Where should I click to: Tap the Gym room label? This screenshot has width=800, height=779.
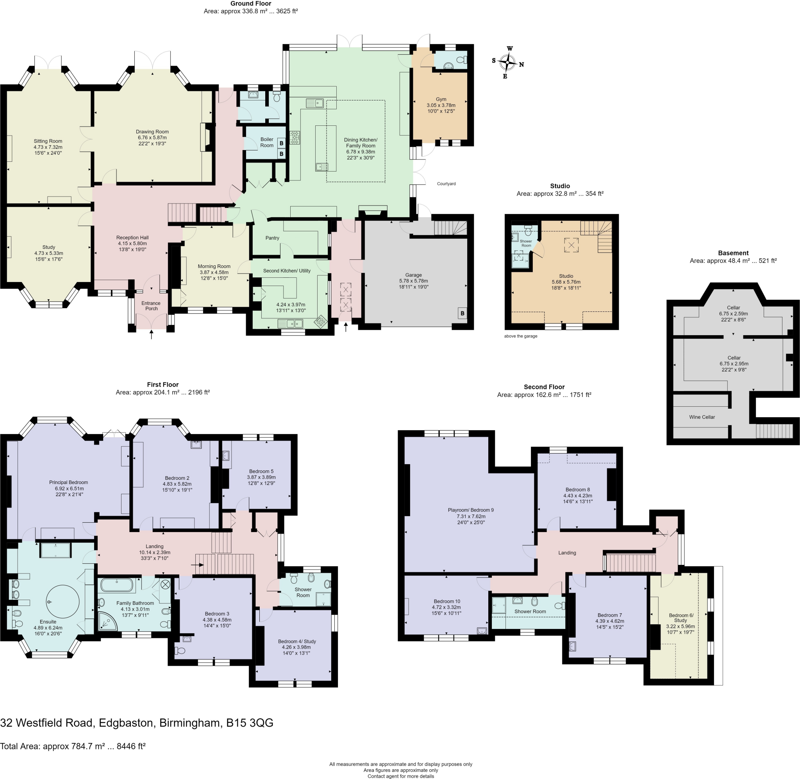pos(441,99)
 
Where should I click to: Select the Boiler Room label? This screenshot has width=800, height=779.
pos(267,142)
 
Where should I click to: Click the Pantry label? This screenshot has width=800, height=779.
pos(272,238)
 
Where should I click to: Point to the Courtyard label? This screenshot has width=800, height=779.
pos(446,184)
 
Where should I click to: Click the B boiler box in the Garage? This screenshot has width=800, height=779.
pos(462,313)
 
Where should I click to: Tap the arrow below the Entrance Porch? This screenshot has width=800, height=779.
pos(151,335)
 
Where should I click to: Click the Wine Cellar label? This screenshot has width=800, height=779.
pos(702,417)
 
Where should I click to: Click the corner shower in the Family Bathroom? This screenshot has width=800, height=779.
pos(107,622)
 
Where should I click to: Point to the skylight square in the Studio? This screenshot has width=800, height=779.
pos(571,245)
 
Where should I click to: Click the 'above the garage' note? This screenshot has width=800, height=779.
pos(521,336)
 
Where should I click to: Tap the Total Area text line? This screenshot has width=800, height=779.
pos(73,746)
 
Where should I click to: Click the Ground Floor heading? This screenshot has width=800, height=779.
pos(250,4)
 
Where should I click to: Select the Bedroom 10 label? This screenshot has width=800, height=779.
pos(446,601)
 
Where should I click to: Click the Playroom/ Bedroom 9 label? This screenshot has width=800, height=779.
pos(470,510)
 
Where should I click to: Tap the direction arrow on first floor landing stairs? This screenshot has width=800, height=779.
pos(200,565)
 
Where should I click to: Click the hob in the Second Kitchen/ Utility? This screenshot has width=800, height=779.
pos(321,322)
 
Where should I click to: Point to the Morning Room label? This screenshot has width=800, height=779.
pos(214,266)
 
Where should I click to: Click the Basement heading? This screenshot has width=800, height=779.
pos(733,253)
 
